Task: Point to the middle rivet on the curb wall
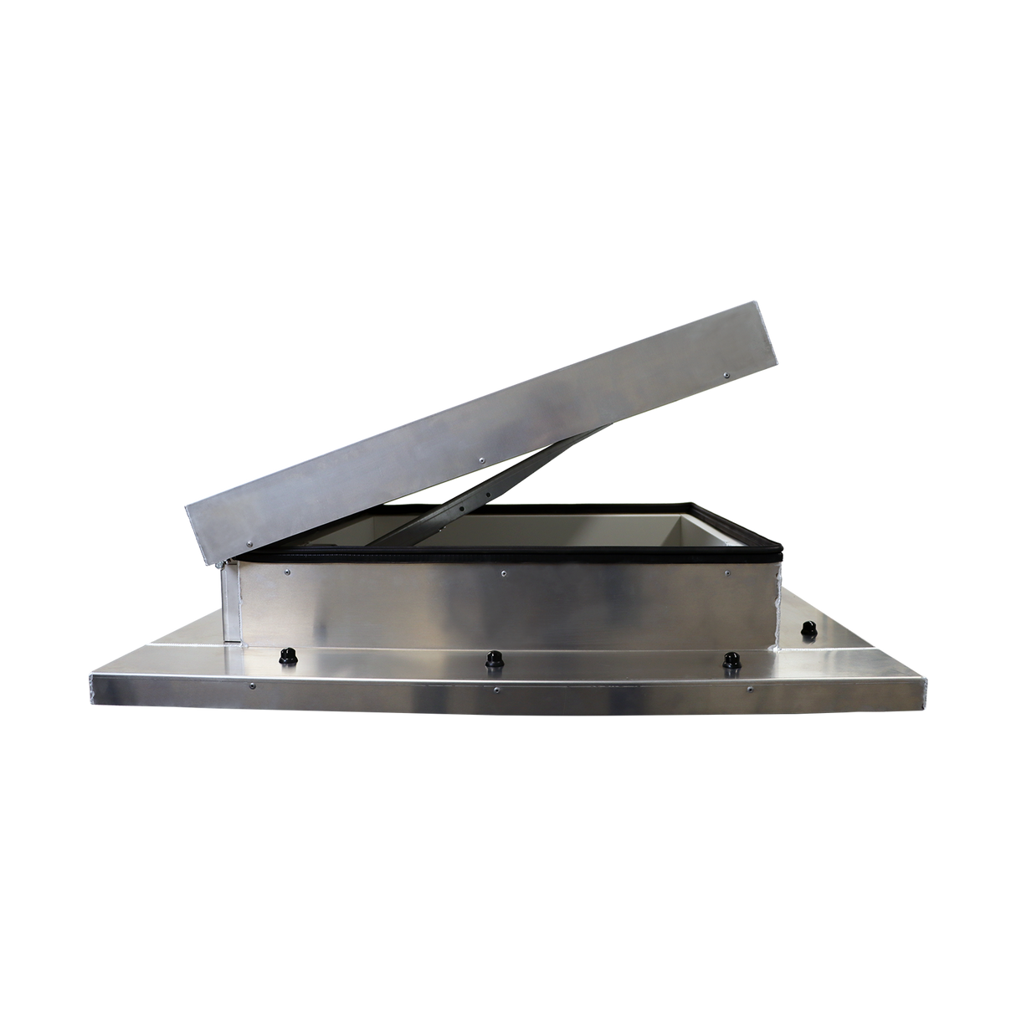[x=502, y=574]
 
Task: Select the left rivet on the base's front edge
[x=254, y=686]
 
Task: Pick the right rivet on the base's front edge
[x=749, y=690]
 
